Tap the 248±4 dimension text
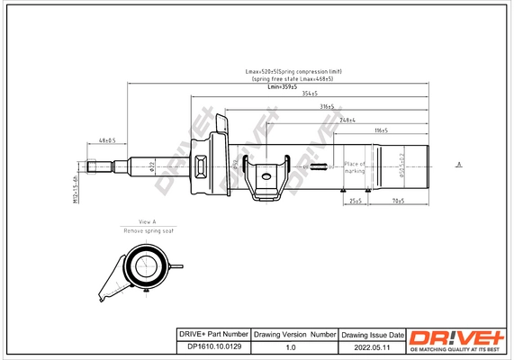coord(349,119)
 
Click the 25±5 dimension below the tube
coord(356,201)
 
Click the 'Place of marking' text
coord(354,167)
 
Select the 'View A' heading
coord(148,222)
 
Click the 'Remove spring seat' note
coord(148,231)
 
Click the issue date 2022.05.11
coord(373,346)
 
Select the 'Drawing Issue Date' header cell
coord(373,334)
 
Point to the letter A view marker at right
coord(458,164)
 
